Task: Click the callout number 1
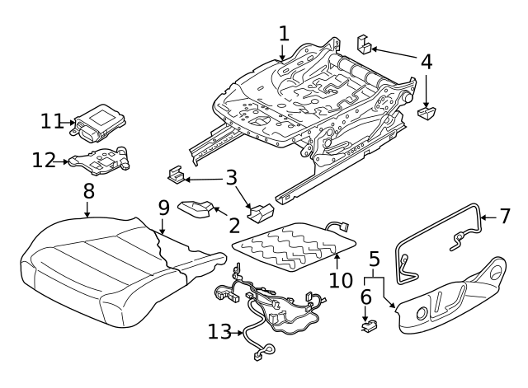coord(284,34)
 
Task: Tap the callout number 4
coord(426,61)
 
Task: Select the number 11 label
coord(53,121)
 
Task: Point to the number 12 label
coord(43,160)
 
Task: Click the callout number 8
coord(88,191)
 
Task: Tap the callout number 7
coord(507,217)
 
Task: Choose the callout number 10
coord(341,280)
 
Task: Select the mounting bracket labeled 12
coord(99,159)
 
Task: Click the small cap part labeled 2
coord(195,209)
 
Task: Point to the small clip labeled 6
coord(367,326)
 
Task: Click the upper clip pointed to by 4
coord(363,44)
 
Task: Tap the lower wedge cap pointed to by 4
coord(427,113)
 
